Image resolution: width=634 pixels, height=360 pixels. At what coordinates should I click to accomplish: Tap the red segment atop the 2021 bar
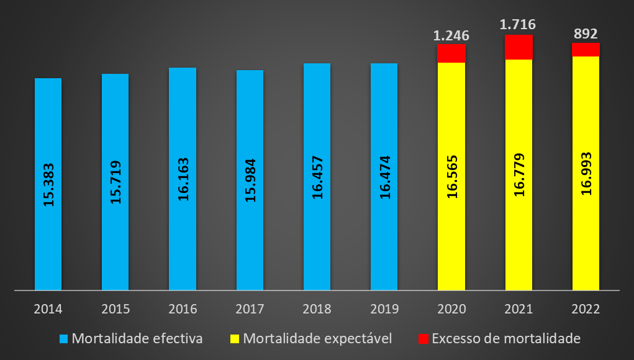(x=519, y=47)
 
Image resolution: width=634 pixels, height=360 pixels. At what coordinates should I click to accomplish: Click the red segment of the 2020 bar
(x=451, y=53)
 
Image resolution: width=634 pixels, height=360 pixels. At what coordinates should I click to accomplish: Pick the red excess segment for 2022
(x=586, y=50)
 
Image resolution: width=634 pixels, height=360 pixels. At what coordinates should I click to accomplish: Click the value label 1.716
(x=519, y=25)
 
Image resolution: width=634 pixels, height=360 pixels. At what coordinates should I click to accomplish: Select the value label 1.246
(x=451, y=35)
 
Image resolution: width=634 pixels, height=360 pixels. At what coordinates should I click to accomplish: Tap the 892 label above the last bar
(x=586, y=34)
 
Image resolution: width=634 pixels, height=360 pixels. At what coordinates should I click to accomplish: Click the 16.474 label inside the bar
(x=384, y=180)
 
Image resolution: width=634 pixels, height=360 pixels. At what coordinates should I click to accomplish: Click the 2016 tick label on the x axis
(x=183, y=308)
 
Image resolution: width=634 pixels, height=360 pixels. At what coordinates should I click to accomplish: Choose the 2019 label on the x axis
(x=384, y=308)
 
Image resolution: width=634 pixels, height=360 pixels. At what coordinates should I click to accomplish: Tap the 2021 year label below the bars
(x=519, y=308)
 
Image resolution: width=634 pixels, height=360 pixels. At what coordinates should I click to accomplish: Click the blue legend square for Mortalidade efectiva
(x=63, y=339)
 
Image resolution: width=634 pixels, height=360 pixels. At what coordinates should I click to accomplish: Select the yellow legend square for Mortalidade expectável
(x=235, y=339)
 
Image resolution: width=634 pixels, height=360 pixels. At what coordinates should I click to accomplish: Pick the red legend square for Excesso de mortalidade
(x=423, y=339)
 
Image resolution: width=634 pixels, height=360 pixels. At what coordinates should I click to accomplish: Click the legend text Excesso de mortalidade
(x=505, y=339)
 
